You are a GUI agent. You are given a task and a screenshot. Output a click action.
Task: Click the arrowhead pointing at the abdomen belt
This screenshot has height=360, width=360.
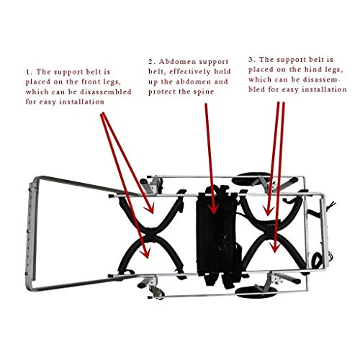[x=214, y=211]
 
